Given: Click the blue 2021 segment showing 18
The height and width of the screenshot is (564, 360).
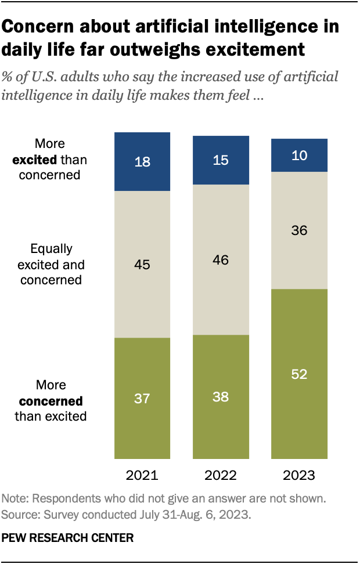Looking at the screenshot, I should pos(142,162).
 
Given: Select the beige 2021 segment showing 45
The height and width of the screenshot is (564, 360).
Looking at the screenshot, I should pos(142,265).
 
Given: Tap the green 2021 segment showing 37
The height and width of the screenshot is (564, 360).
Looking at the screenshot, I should pos(142,398).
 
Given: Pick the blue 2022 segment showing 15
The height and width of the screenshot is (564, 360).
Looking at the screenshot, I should pos(221,160).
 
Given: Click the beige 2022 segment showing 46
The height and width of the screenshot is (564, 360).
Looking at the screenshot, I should pos(221,259).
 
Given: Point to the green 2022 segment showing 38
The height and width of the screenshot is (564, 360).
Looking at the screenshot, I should pos(221,397).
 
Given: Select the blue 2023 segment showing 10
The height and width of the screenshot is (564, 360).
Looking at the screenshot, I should pos(300,156).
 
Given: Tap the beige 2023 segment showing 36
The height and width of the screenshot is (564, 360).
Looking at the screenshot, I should pos(300,230).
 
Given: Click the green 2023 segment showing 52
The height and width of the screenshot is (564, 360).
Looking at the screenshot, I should pos(300,374).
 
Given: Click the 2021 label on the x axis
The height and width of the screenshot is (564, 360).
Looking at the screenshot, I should pos(142,476).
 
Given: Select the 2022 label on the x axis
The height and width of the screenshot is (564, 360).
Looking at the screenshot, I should pos(221,476).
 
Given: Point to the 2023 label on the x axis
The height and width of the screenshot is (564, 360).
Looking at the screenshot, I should pos(300,476).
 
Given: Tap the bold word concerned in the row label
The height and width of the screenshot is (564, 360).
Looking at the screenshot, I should pos(51,401).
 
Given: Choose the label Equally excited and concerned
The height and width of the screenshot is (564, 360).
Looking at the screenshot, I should pos(51,265).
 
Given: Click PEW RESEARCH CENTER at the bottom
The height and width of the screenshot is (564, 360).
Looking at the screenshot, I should pos(67,538).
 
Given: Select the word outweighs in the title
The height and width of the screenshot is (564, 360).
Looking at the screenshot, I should pos(173,49).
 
